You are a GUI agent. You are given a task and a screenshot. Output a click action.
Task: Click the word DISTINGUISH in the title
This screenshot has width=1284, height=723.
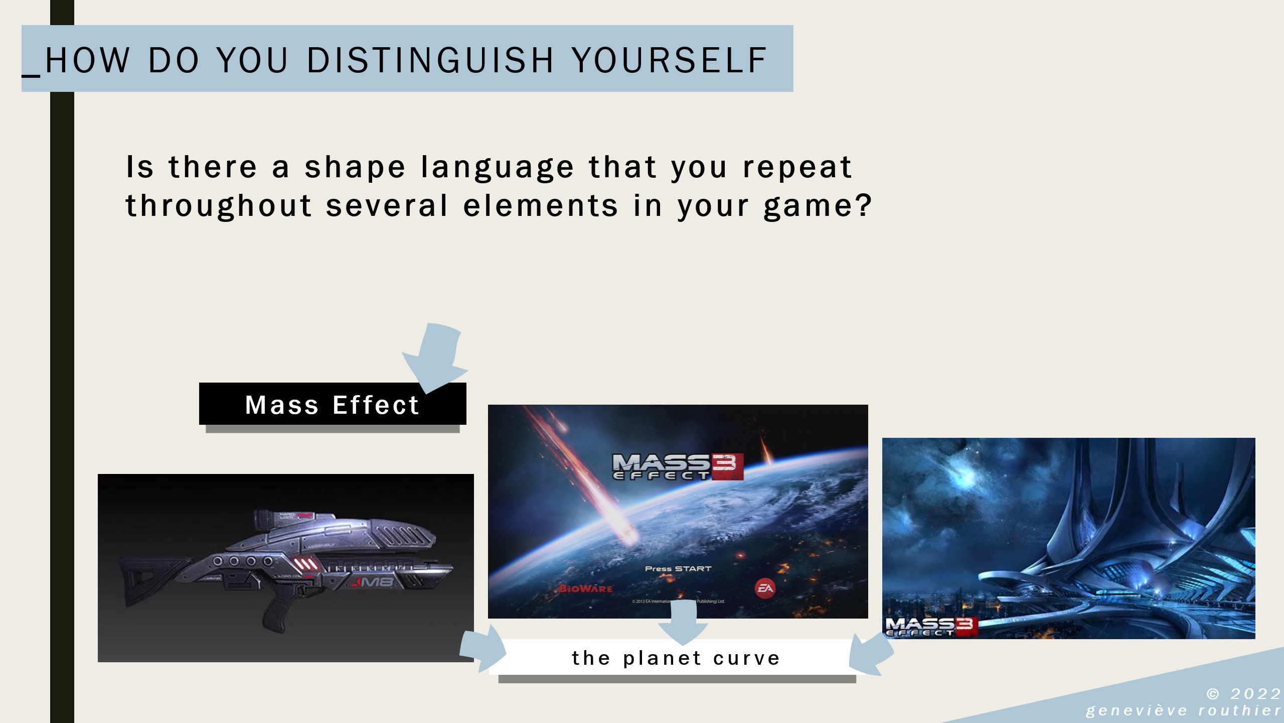430,60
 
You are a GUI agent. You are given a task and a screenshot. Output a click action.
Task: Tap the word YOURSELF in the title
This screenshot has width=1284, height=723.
669,60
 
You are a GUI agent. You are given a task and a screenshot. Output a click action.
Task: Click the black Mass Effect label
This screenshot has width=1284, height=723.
332,405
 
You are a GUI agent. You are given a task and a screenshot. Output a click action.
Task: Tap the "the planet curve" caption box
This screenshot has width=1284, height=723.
676,658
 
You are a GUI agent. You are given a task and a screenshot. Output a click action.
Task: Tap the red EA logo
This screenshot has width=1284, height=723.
765,588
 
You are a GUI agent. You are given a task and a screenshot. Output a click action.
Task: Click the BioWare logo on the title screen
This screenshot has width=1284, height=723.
586,588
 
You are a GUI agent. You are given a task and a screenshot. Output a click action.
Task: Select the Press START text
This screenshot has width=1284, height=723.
678,569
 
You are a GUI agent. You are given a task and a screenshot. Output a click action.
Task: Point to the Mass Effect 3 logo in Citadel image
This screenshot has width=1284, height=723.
931,627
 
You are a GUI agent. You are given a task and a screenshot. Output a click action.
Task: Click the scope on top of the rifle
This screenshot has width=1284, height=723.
276,519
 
